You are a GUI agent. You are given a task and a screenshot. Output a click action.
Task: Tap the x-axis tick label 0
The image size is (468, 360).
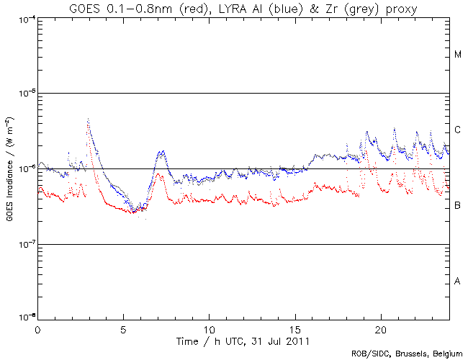37,328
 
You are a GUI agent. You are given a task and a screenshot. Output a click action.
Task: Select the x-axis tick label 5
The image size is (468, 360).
123,328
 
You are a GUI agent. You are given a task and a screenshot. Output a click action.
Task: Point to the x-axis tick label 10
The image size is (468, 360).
209,328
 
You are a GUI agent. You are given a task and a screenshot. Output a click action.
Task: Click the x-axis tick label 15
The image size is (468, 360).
294,328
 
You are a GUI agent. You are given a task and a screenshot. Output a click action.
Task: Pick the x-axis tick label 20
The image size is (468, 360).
380,328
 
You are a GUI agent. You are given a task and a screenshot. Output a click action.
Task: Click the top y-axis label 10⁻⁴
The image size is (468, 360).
24,19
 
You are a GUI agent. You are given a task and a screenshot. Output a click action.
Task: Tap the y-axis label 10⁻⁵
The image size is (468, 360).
24,94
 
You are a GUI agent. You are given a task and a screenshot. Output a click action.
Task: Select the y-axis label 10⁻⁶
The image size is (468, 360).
24,168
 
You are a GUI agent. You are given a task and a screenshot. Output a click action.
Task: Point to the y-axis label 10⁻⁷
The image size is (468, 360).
24,244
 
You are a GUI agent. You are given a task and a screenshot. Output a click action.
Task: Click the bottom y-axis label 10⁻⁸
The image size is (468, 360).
24,318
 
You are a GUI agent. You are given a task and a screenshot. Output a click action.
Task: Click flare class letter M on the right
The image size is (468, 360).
457,55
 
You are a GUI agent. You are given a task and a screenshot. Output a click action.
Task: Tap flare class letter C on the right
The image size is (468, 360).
457,130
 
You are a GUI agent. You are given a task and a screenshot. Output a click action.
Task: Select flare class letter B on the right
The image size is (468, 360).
457,206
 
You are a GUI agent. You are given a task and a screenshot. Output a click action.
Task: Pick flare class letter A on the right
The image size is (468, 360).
457,281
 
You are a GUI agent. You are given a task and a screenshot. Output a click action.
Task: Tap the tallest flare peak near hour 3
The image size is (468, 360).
88,120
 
